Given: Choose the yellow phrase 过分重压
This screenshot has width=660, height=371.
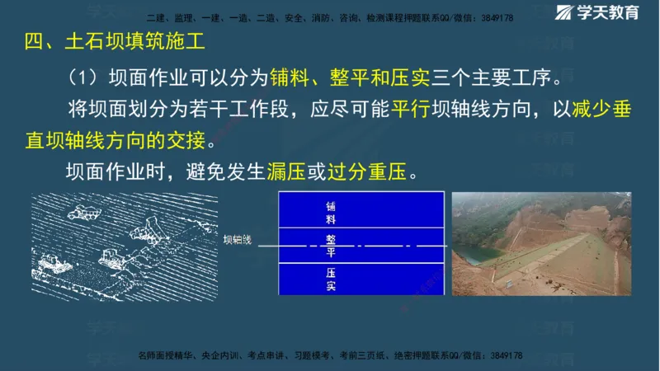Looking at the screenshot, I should pyautogui.click(x=366, y=172).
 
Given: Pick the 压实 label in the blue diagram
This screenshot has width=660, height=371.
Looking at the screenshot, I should pyautogui.click(x=330, y=278).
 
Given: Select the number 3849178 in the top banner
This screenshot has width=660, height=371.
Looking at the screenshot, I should pyautogui.click(x=497, y=17).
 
